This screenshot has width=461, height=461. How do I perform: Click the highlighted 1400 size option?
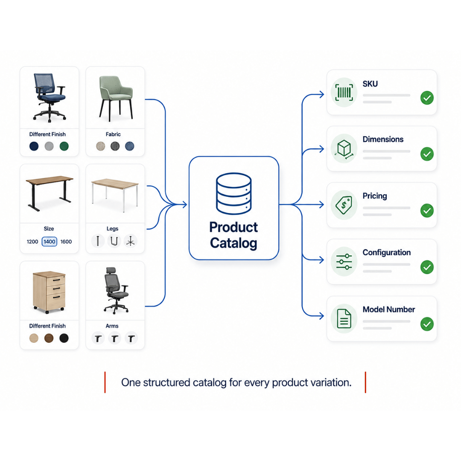point(50,242)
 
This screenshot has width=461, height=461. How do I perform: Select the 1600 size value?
point(66,242)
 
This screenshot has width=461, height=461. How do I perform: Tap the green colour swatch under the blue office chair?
point(64,146)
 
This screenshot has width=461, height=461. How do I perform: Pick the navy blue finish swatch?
point(34,146)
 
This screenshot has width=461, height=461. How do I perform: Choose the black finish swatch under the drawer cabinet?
point(64,338)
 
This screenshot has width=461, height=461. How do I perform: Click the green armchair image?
point(116,98)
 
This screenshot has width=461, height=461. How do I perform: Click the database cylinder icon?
point(234,193)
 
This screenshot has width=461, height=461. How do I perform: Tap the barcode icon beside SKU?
point(344,92)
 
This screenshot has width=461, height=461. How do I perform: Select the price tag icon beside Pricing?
point(344,204)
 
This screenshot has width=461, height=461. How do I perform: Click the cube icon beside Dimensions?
point(344,149)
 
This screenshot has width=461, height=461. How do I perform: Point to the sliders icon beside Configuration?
point(344,261)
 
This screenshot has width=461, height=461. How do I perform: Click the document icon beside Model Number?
point(344,318)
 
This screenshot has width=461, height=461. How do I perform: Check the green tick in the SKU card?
point(427,98)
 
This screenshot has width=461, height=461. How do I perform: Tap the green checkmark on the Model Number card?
point(427,324)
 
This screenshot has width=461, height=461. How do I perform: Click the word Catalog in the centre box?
point(233,243)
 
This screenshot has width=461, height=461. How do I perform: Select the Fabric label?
point(113,134)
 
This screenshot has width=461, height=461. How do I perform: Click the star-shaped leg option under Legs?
point(130,241)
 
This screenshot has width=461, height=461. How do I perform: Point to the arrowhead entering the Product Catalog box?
point(185,204)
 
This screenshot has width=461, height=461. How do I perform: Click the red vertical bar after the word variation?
point(365,382)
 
